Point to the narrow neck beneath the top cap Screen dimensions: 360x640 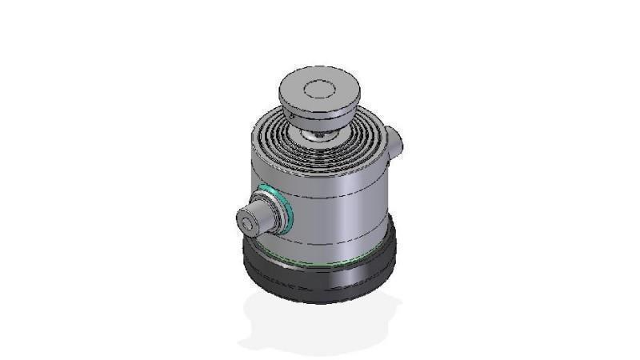(320, 127)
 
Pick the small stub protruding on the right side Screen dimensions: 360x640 (396, 142)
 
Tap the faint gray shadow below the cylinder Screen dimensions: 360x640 (320, 328)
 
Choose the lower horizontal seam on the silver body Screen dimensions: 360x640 (336, 241)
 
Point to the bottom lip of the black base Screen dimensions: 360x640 (320, 299)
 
